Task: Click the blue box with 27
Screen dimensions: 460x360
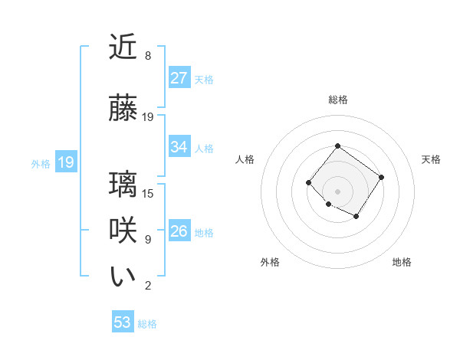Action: coord(179,78)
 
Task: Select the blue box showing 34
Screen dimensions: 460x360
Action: coord(179,147)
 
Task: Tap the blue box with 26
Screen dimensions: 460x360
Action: coord(179,231)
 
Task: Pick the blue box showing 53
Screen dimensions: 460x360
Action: coord(123,322)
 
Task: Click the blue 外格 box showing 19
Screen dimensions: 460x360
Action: coord(66,162)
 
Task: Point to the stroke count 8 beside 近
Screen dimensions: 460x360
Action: coord(148,56)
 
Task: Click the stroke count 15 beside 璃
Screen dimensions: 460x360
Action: coord(149,193)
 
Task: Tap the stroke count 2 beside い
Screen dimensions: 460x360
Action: coord(148,286)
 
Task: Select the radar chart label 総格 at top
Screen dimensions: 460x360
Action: coord(338,100)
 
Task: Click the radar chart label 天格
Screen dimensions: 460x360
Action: coord(431,159)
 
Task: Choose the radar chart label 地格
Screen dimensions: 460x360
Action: coord(402,262)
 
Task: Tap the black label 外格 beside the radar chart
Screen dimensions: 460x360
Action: coord(270,262)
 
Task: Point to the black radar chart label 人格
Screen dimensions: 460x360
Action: coord(245,159)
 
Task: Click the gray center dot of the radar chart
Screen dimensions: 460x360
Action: coord(337,191)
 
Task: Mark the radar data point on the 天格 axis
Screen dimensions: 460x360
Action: coord(381,177)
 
